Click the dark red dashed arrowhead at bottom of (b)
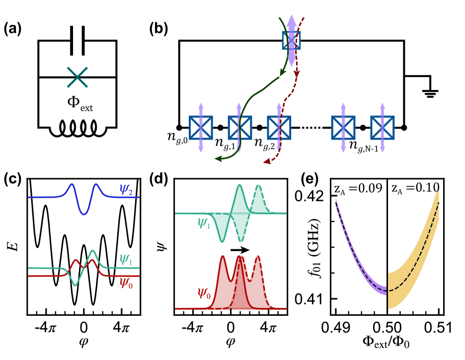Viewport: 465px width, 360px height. point(265,161)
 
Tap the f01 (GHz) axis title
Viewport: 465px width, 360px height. point(298,248)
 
